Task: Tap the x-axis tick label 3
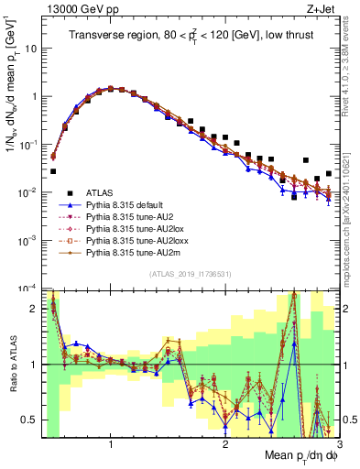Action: tap(338, 443)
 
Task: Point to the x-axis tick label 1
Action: tap(111, 443)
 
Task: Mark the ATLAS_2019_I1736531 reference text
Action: tap(191, 273)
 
